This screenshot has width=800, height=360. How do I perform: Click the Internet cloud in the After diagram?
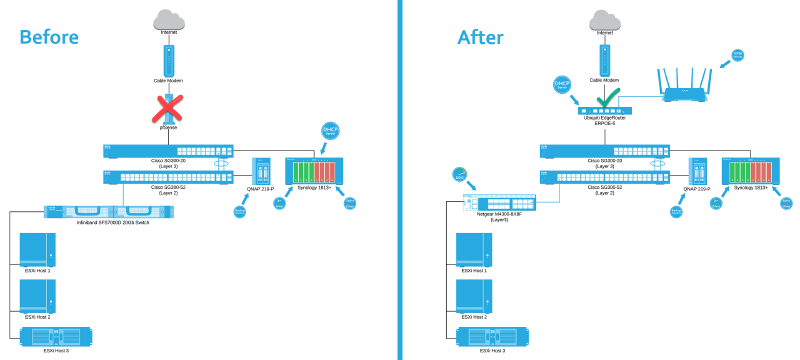click(602, 18)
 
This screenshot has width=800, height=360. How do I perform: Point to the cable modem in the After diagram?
click(602, 58)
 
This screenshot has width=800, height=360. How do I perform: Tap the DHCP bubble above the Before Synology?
click(331, 131)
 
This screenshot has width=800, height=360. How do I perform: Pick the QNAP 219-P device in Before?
click(263, 172)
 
